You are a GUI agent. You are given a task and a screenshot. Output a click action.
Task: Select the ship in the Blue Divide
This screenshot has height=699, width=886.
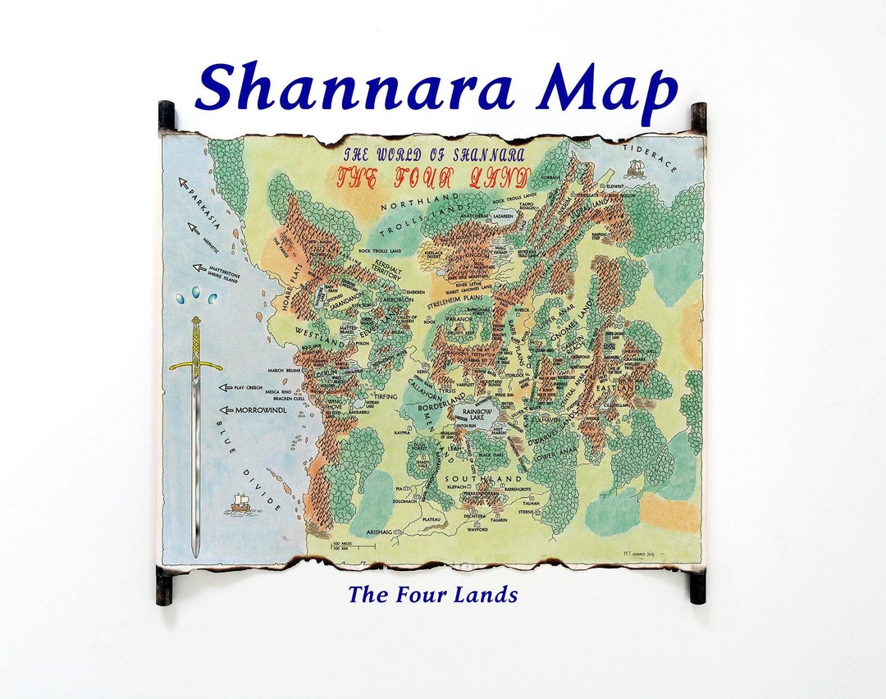240,502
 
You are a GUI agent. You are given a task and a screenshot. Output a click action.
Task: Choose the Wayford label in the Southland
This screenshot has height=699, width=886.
478,530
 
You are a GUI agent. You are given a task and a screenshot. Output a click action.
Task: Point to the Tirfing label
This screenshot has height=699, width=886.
386,396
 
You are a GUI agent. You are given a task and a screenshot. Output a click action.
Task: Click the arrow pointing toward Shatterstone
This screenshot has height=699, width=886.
199,267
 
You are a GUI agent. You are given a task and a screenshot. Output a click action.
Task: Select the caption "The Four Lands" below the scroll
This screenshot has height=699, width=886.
432,594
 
